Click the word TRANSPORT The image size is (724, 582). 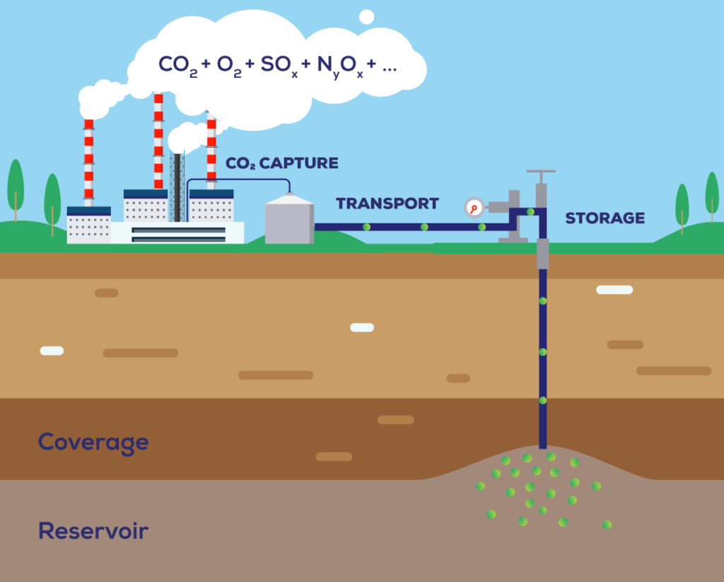pos(387,204)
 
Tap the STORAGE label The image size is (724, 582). pos(605,218)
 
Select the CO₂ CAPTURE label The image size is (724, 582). pos(282,163)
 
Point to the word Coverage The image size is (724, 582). pos(93,443)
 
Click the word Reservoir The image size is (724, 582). pos(93,530)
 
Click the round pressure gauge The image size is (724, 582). pos(474,207)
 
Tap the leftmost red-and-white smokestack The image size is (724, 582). pos(88,163)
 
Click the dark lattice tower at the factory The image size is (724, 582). pos(177,187)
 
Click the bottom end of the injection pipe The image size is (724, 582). pos(543,443)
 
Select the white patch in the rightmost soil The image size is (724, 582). pos(614,289)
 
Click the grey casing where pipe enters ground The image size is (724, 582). pos(542,253)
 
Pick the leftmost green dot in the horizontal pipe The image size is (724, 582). pos(366,227)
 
